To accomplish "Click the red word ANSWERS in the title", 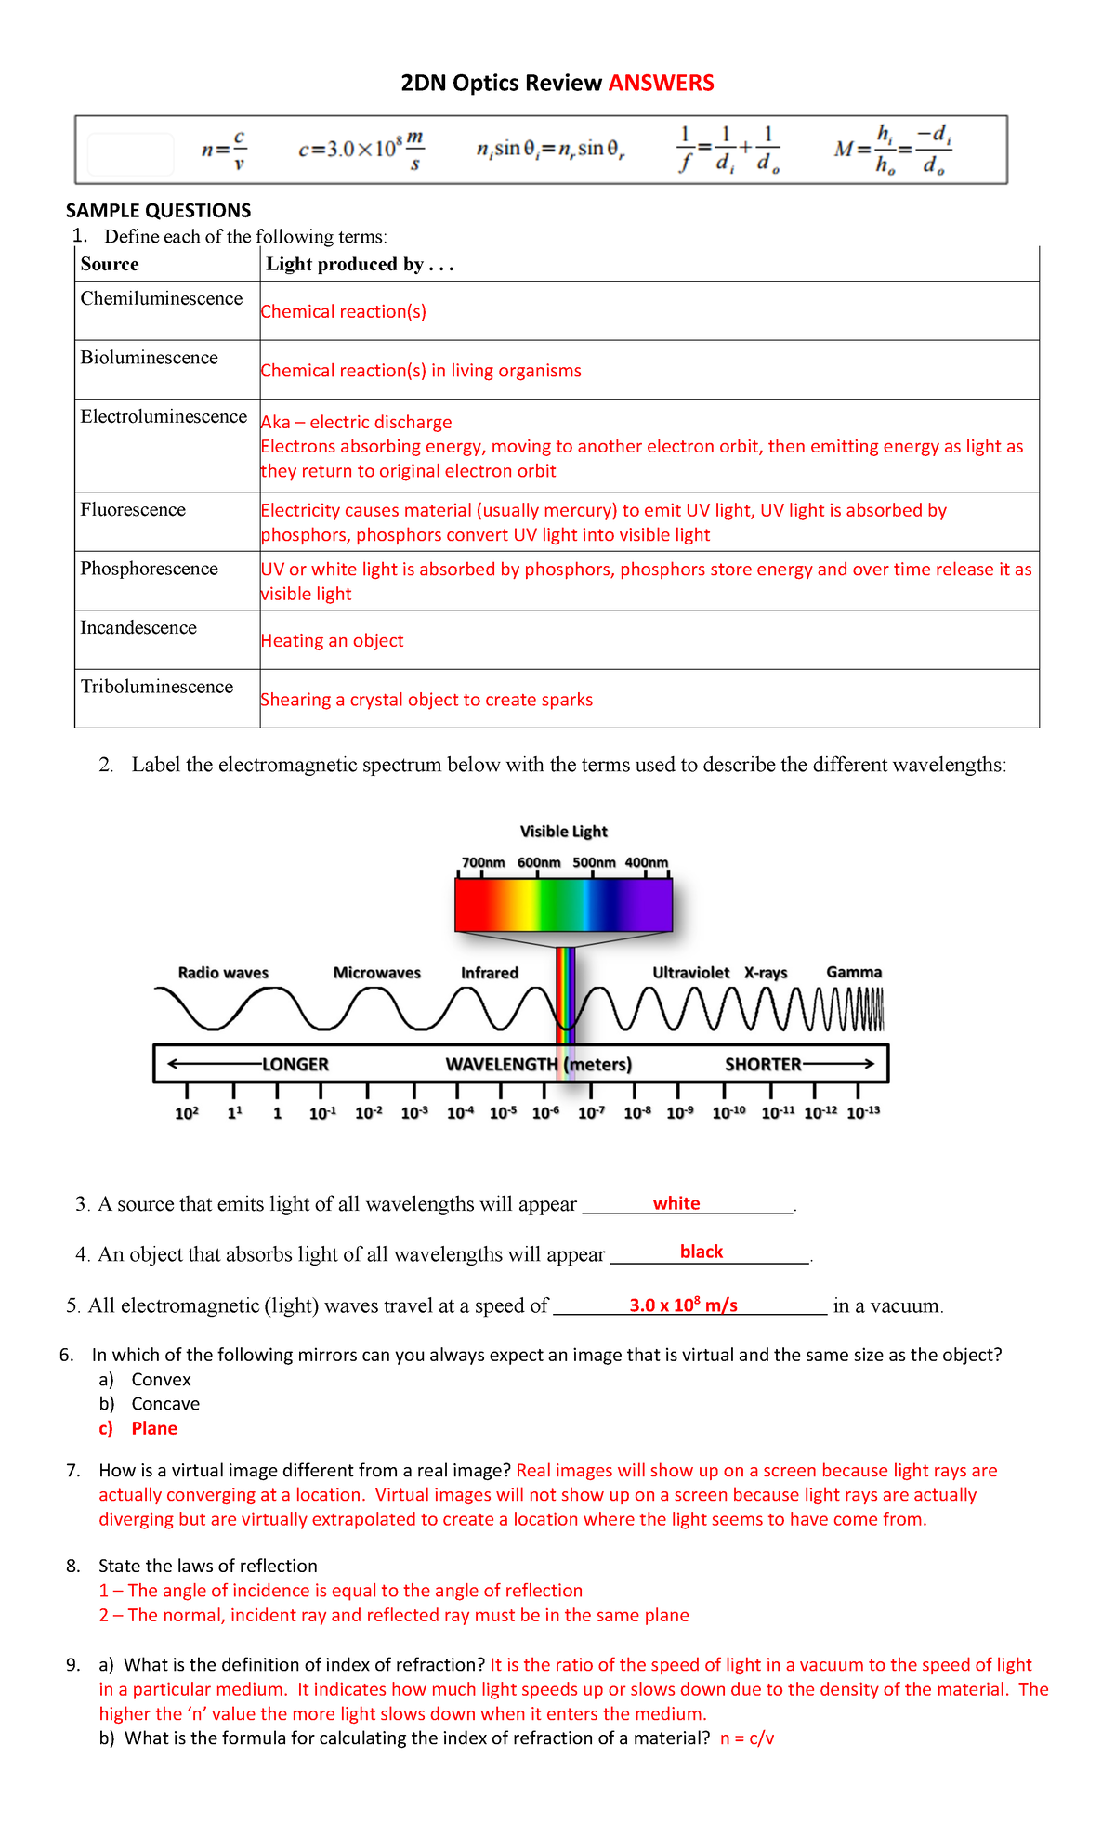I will coord(661,84).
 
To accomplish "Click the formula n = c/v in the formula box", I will coord(224,150).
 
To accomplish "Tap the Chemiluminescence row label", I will coord(162,299).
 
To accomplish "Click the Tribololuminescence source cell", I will coord(157,687).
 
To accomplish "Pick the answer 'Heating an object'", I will coord(332,641).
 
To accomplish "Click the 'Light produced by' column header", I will coord(359,265).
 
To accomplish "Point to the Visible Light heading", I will coord(563,832).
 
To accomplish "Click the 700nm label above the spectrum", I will coord(483,863).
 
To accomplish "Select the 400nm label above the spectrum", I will coord(646,863).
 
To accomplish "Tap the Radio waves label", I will coord(223,973).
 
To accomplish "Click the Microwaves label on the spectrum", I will coord(376,973).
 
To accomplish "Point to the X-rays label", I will coord(766,973).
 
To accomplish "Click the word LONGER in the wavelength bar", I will coord(295,1065).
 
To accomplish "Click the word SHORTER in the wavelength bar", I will coord(763,1065).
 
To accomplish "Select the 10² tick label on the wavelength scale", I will coord(187,1113).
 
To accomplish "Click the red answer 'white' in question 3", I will coord(676,1204).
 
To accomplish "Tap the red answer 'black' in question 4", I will coord(701,1252).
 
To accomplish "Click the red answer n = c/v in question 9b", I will coord(746,1738).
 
